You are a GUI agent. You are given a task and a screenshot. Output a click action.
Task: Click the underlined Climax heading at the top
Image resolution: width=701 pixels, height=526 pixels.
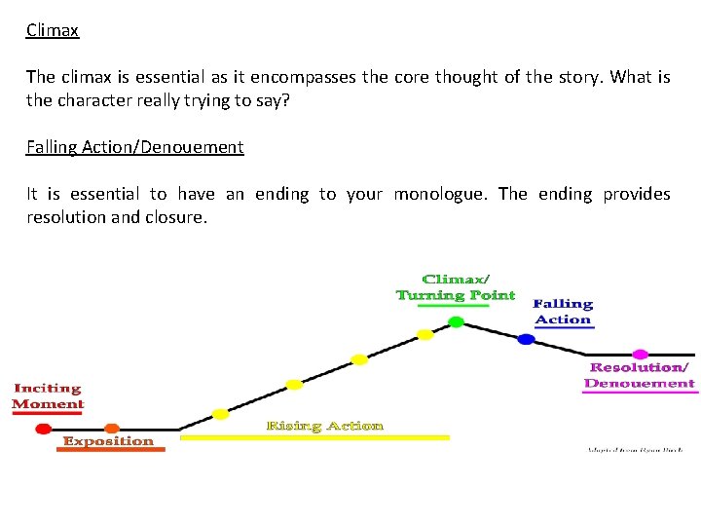click(x=53, y=30)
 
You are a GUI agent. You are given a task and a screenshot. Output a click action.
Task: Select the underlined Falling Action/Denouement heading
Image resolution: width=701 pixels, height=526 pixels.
click(x=134, y=147)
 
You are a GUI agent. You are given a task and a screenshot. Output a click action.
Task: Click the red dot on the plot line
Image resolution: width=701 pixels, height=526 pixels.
click(x=43, y=429)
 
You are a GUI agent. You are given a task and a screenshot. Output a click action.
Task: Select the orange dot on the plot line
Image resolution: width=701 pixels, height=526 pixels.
click(x=112, y=429)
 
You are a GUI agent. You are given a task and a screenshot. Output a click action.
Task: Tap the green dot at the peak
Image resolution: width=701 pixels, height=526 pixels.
click(x=456, y=321)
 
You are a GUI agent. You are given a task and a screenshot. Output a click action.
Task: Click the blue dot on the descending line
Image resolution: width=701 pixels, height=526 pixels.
click(x=526, y=340)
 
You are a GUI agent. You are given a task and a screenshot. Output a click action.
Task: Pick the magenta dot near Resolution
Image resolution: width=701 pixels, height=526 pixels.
click(x=640, y=354)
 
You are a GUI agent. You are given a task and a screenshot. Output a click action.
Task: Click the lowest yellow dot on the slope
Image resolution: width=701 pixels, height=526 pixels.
click(x=221, y=414)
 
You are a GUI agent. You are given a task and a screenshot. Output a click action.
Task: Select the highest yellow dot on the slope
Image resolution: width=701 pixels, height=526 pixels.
click(x=424, y=335)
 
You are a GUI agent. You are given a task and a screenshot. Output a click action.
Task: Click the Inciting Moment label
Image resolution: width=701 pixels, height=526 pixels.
click(x=48, y=396)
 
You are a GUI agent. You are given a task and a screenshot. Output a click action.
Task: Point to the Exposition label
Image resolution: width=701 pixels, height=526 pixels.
click(x=108, y=441)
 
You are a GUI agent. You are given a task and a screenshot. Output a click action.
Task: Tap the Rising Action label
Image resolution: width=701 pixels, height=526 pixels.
click(x=324, y=426)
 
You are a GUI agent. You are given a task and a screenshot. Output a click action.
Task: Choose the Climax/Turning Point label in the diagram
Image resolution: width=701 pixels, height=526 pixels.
click(x=456, y=288)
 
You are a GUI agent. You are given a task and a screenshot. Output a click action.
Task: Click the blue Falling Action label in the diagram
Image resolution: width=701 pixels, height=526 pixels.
click(x=563, y=312)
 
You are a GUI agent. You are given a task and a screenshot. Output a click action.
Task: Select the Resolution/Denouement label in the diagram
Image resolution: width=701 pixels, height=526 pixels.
click(x=640, y=375)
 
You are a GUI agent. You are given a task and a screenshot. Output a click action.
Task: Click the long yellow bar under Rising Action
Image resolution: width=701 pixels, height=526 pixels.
click(x=314, y=438)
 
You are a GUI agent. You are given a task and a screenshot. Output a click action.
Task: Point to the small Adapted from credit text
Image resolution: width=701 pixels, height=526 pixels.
click(x=634, y=450)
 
